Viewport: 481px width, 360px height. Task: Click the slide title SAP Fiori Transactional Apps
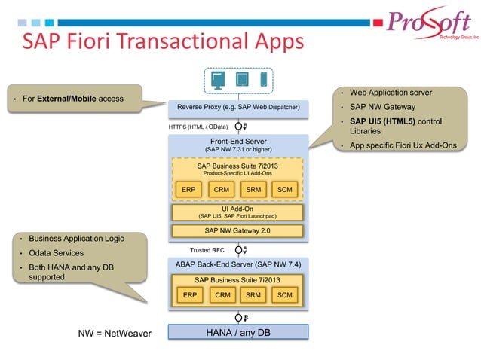(162, 40)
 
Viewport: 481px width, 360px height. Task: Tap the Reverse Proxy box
(237, 108)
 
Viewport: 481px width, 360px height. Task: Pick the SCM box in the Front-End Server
(284, 189)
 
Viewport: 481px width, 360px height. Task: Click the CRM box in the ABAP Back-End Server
(222, 295)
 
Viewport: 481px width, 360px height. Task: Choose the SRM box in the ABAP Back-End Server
(253, 295)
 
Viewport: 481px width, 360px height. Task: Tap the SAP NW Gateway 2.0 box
(237, 230)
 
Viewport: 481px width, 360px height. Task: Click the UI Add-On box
(237, 212)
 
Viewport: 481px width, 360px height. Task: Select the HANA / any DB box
(237, 332)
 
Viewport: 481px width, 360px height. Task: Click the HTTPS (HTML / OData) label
(198, 127)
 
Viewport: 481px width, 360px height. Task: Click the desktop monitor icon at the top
(218, 79)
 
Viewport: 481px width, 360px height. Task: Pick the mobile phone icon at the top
(264, 79)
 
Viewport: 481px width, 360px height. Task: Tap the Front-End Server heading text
(237, 141)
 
